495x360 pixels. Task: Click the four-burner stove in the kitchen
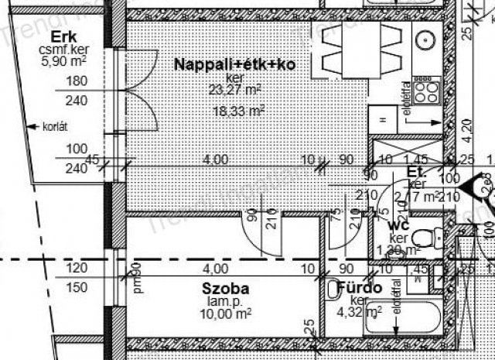(x=426, y=94)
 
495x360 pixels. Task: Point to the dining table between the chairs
(x=346, y=46)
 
